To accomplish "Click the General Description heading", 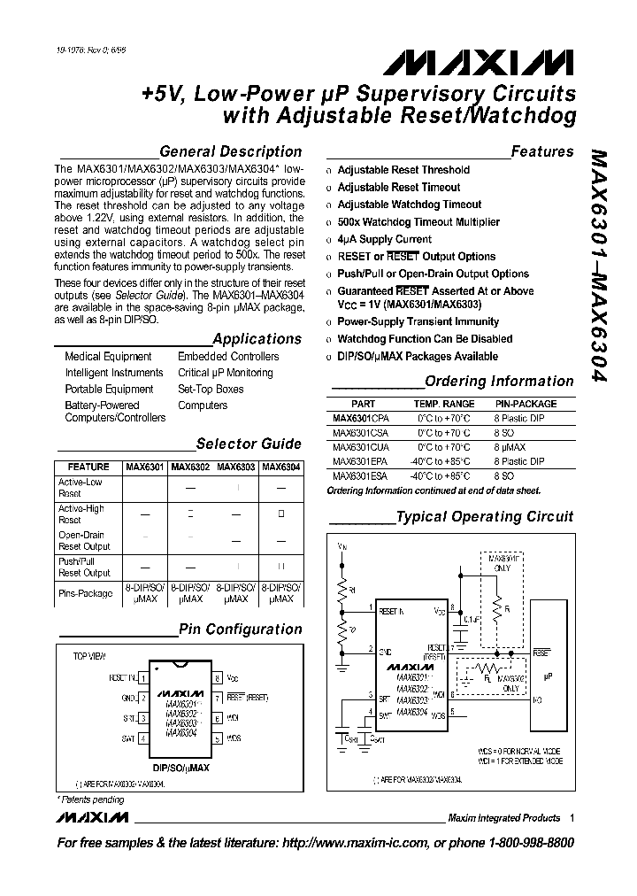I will [230, 151].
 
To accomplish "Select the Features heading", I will [541, 151].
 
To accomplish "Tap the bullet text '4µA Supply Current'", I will [384, 239].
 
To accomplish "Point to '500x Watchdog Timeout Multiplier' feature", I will [418, 222].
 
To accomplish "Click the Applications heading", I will [257, 339].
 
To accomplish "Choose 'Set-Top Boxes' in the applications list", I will [211, 390].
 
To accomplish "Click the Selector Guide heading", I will [248, 444].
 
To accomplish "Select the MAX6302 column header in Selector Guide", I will [190, 467].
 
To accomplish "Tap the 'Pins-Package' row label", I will [86, 593].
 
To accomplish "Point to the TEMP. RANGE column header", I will [444, 404].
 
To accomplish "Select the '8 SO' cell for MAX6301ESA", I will [506, 476].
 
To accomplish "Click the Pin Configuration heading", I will [240, 630].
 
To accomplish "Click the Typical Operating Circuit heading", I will [484, 517].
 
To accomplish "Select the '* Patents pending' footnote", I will [92, 799].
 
